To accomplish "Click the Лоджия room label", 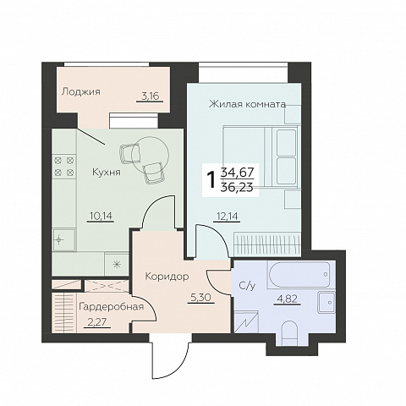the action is tap(81, 91).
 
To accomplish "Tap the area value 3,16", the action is tap(151, 96).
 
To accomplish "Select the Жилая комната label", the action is tap(247, 105).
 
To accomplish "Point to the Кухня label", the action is tap(107, 172).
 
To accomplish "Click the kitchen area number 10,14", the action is tap(101, 216).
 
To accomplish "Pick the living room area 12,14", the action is tap(227, 217).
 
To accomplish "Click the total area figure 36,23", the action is tap(238, 187).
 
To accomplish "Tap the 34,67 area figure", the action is tap(238, 172).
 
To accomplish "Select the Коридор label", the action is tap(167, 277).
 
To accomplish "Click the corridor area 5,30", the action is tap(201, 297).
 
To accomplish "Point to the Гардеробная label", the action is tap(112, 307).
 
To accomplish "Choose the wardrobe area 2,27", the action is tap(97, 321).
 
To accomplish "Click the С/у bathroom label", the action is tap(247, 286).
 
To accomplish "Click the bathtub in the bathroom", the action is tap(299, 275).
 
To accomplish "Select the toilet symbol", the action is tap(289, 332).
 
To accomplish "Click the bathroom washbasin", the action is tap(326, 302).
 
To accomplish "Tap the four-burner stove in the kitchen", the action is tap(64, 167).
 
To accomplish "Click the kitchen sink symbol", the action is tap(64, 240).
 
